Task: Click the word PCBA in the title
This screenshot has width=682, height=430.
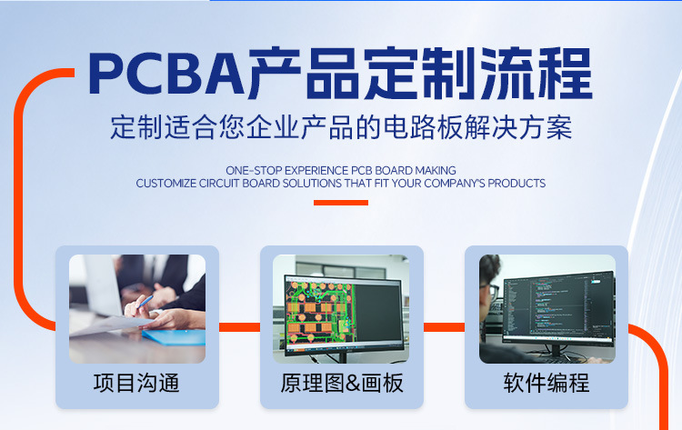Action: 166,74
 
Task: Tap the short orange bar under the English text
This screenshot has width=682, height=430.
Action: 341,203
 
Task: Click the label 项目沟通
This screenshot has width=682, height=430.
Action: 136,383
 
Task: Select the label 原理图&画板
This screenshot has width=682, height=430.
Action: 342,383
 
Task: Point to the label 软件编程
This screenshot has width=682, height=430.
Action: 547,383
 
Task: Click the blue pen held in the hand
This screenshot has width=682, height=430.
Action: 145,301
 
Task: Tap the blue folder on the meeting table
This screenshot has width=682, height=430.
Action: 174,337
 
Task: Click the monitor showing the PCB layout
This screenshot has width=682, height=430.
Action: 344,315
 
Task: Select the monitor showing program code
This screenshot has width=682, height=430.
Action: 558,310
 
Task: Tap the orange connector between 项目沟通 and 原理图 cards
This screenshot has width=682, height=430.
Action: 239,327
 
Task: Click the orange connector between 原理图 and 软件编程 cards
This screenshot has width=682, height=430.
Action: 444,327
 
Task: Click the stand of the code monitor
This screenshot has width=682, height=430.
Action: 556,352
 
